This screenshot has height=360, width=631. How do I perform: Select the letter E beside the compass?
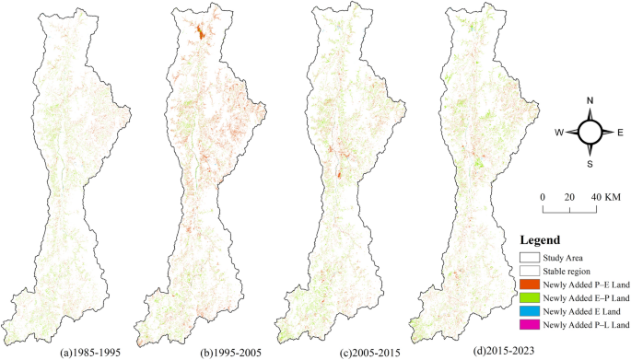619,133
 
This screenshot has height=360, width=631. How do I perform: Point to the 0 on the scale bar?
543,197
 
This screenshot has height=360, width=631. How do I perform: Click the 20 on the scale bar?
569,197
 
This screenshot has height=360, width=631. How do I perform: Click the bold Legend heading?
541,239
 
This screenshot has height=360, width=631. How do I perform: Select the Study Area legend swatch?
530,259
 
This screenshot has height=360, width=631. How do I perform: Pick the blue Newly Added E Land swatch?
530,312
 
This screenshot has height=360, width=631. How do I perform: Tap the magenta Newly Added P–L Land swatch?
530,326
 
